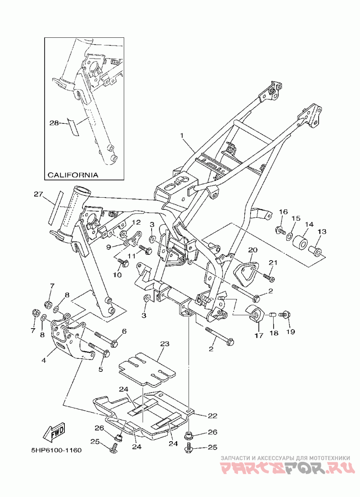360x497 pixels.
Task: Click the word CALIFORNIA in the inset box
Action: click(72, 175)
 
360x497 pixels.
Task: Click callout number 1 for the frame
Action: click(182, 136)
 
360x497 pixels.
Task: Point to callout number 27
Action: click(38, 194)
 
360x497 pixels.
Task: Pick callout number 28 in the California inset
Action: click(54, 122)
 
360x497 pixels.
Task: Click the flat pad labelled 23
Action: click(147, 369)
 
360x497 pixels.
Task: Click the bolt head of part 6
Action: click(115, 343)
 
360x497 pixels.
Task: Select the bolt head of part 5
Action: click(107, 352)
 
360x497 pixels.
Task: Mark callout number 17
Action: click(259, 335)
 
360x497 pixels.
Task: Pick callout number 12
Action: click(136, 222)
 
